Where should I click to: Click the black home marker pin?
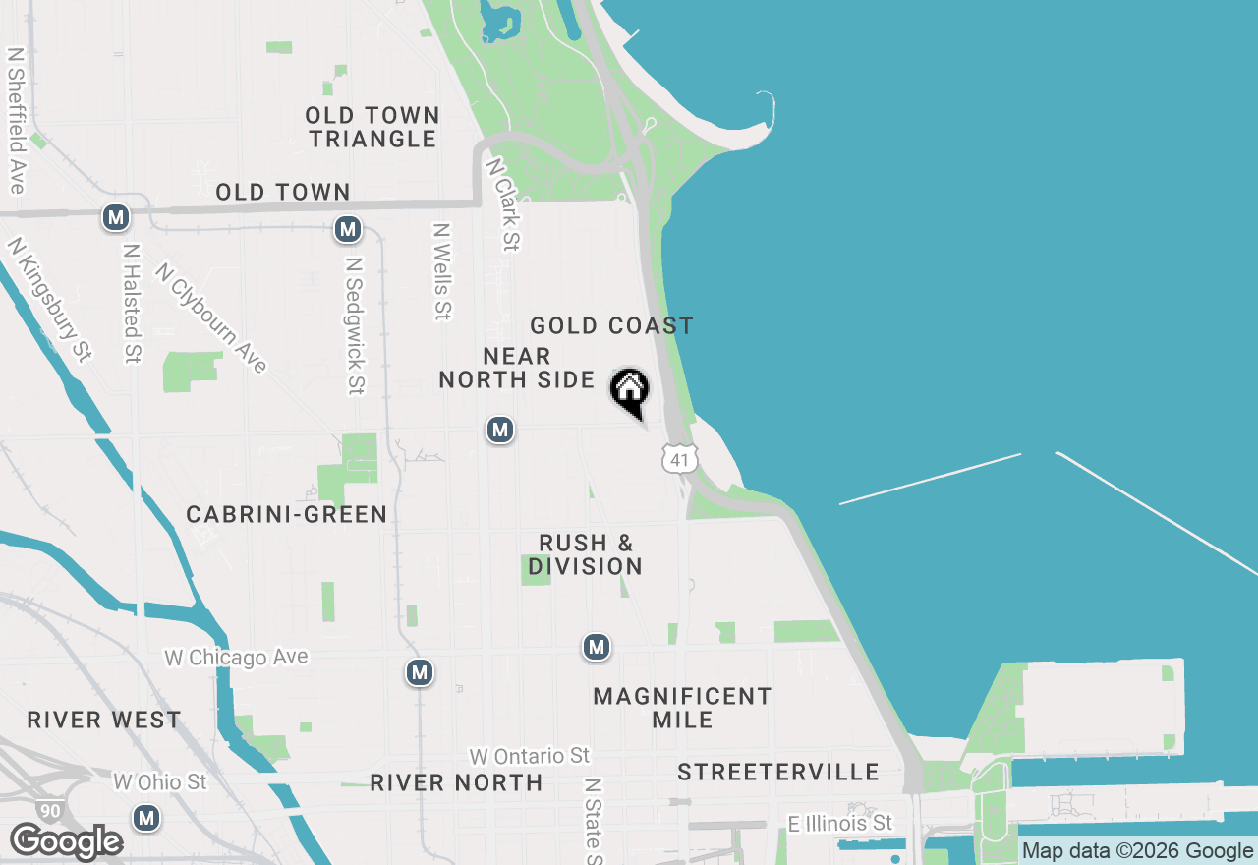(x=630, y=390)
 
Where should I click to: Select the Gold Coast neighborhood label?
(x=611, y=325)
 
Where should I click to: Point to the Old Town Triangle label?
(x=372, y=127)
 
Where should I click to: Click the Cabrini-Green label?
(x=286, y=514)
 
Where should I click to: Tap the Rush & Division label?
(x=586, y=554)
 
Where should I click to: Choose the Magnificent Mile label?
(x=682, y=708)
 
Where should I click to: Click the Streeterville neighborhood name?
(x=778, y=772)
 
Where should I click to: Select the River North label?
(x=456, y=782)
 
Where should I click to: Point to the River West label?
(x=104, y=720)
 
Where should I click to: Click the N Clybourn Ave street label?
(x=211, y=317)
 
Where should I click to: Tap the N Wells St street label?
(x=442, y=271)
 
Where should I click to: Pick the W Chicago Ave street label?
(x=236, y=657)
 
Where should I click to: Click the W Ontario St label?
(x=529, y=755)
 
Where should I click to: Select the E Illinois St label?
(x=840, y=822)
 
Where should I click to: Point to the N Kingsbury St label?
(x=49, y=300)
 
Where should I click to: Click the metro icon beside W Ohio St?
(x=146, y=817)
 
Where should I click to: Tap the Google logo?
(x=66, y=842)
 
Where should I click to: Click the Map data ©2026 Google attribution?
(x=1137, y=851)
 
